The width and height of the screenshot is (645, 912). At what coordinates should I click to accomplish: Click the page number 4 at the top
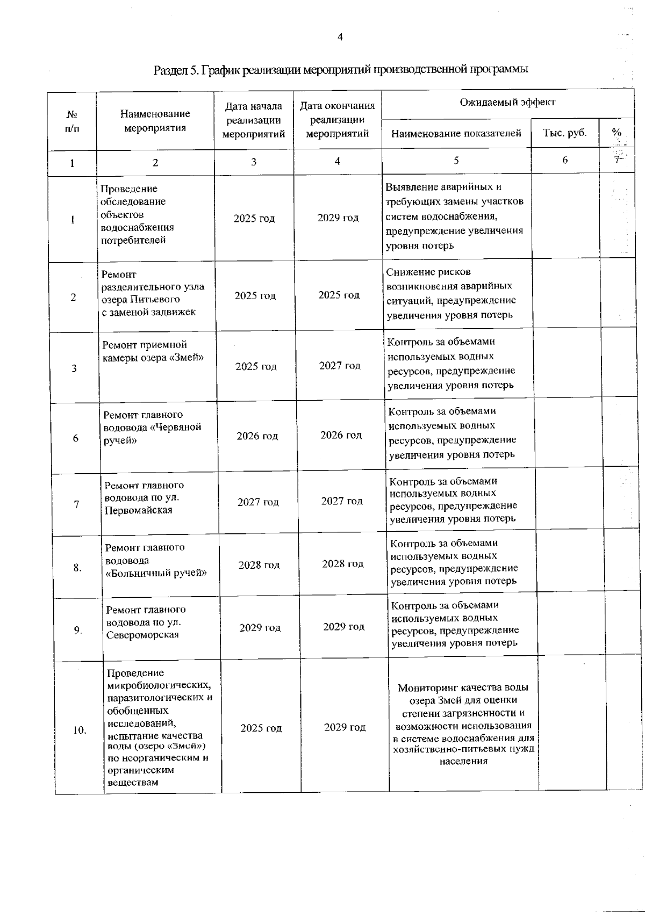pyautogui.click(x=339, y=37)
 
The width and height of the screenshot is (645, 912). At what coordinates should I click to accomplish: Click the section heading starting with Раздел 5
pyautogui.click(x=341, y=69)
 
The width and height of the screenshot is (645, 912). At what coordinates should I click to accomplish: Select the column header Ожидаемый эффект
pyautogui.click(x=507, y=102)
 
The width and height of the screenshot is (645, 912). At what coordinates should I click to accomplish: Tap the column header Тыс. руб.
pyautogui.click(x=565, y=133)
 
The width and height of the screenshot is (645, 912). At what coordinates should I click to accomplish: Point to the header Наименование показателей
pyautogui.click(x=456, y=133)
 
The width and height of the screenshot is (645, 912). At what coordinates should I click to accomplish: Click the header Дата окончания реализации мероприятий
pyautogui.click(x=337, y=120)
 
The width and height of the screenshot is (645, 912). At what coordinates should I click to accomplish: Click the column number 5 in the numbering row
pyautogui.click(x=456, y=160)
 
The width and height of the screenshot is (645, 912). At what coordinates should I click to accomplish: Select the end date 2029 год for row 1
pyautogui.click(x=338, y=218)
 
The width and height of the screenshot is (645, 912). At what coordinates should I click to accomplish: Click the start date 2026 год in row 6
pyautogui.click(x=257, y=436)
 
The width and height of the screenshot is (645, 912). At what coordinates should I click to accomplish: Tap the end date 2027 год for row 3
pyautogui.click(x=340, y=365)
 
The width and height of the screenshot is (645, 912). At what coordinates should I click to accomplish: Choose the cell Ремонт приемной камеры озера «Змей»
pyautogui.click(x=153, y=351)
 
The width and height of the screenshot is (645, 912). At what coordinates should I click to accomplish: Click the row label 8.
pyautogui.click(x=77, y=567)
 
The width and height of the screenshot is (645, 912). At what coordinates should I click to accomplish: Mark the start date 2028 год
pyautogui.click(x=259, y=564)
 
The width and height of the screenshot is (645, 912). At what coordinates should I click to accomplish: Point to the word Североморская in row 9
pyautogui.click(x=142, y=635)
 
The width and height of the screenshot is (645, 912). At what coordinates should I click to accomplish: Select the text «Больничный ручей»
pyautogui.click(x=156, y=573)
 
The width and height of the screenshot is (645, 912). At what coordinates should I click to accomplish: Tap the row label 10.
pyautogui.click(x=80, y=730)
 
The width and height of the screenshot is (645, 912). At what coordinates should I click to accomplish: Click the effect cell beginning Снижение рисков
pyautogui.click(x=450, y=293)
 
